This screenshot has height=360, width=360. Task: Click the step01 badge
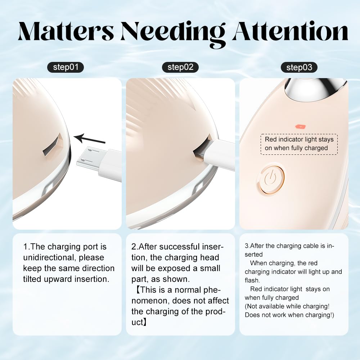(x=66, y=67)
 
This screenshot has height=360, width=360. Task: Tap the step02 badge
(x=180, y=67)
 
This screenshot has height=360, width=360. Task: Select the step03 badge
(x=299, y=68)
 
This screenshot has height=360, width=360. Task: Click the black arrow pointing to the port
(x=90, y=139)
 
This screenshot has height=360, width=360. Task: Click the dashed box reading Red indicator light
(x=299, y=144)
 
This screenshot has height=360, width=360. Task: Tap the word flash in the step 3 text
(x=252, y=280)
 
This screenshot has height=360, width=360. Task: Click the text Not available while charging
(x=287, y=306)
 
